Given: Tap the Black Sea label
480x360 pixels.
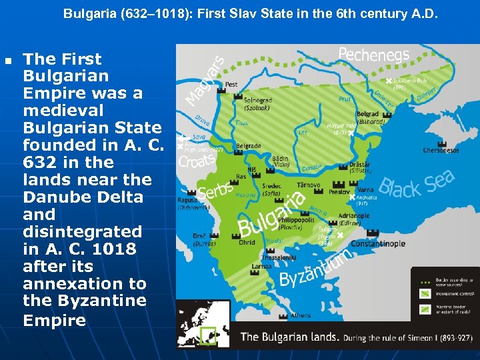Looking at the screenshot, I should click(x=417, y=184).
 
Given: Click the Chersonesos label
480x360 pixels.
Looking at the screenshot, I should click(x=441, y=151).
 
